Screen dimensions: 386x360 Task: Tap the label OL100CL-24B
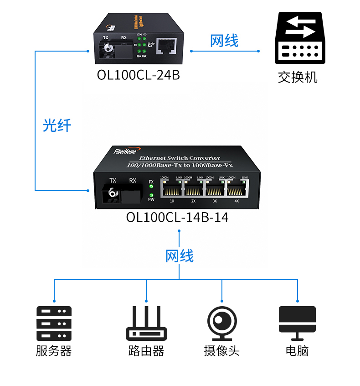coord(139,75)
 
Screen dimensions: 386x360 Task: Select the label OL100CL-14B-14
coord(177,217)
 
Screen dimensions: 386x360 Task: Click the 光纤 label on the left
coord(57,125)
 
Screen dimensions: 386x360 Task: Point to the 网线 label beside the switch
coord(224,41)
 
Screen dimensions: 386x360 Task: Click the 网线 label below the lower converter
coord(180,256)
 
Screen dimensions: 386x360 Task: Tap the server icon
coord(54,323)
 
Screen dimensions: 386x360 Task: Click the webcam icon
coord(222,323)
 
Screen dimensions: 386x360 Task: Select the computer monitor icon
coord(297,322)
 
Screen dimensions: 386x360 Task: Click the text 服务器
coord(54,351)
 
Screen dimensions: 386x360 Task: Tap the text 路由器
coord(146,351)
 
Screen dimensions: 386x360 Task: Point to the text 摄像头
coord(222,351)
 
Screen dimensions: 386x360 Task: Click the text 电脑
coord(297,351)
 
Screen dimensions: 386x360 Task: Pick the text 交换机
coord(298,77)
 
